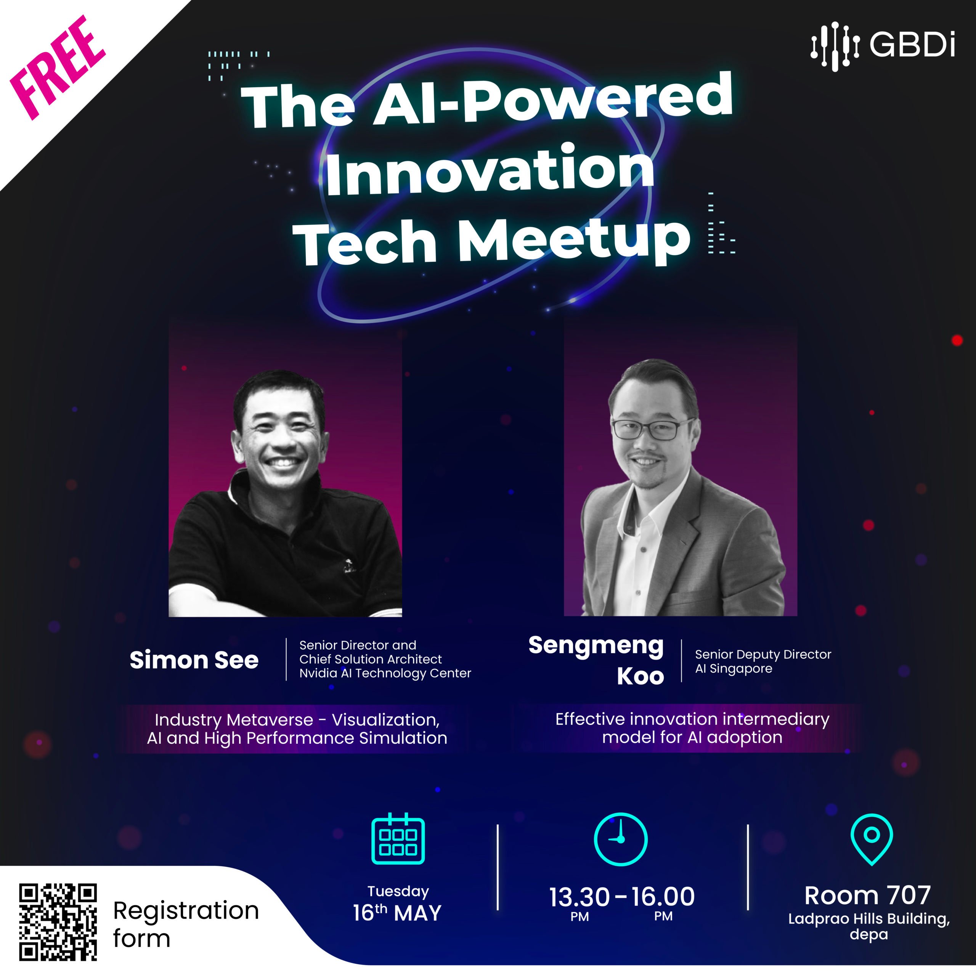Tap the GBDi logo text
(x=912, y=45)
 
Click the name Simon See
(x=194, y=660)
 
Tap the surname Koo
(x=640, y=676)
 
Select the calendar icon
(x=398, y=839)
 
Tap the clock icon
(x=620, y=839)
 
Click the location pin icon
(x=872, y=839)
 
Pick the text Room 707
(x=867, y=895)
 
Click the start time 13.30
(x=579, y=897)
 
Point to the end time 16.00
(x=663, y=897)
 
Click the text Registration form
(x=186, y=924)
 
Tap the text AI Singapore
(x=734, y=669)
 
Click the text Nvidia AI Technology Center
(x=385, y=673)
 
